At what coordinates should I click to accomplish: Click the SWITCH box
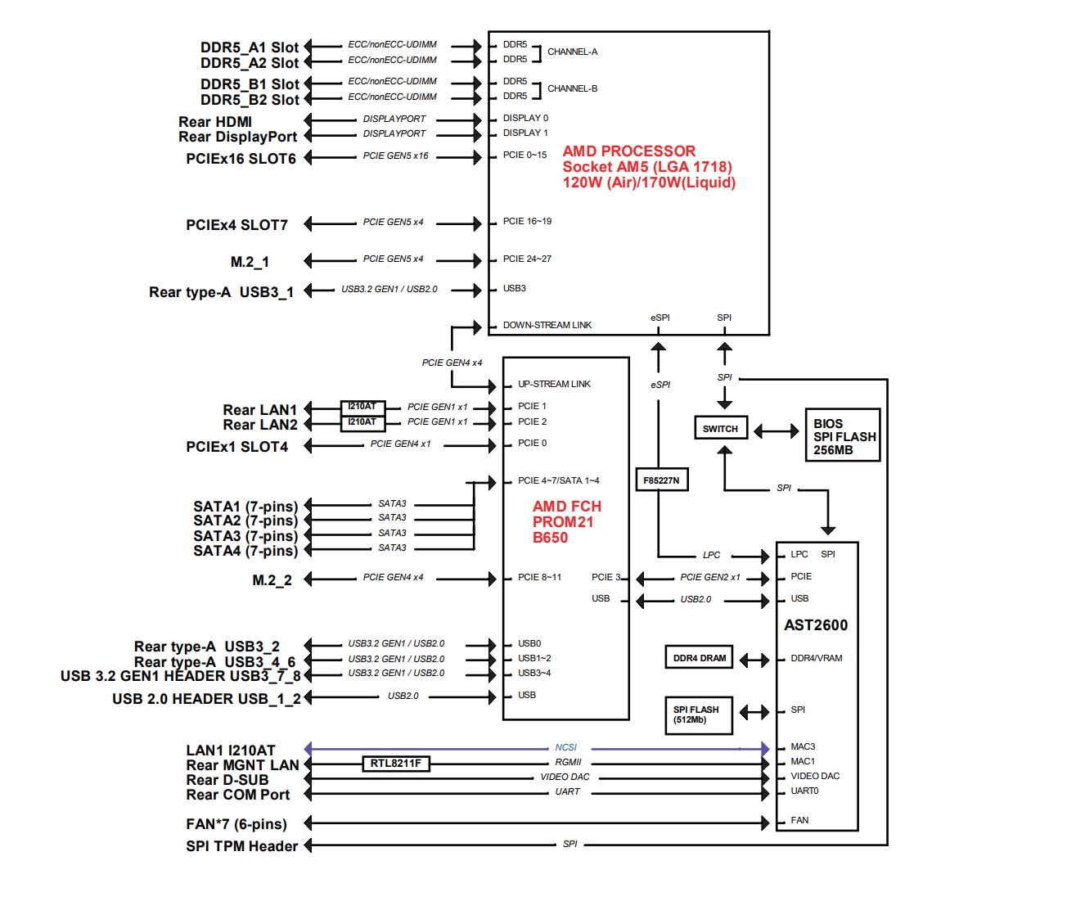point(720,428)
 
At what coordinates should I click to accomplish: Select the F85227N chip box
point(661,480)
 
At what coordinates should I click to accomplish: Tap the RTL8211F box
point(395,764)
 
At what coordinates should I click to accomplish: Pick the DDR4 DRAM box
point(699,658)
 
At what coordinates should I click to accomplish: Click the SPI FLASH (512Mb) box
point(698,714)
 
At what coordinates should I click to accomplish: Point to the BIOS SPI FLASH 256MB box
point(843,436)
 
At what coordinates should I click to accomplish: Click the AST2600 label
point(816,625)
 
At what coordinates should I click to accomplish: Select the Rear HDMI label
point(215,122)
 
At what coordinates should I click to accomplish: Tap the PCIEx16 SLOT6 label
point(241,159)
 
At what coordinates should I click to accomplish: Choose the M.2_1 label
point(250,262)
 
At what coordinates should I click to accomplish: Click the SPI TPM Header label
point(241,846)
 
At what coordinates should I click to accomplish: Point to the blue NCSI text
point(565,747)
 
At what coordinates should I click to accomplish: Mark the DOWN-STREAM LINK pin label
point(547,325)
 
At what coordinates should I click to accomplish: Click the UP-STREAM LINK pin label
point(554,384)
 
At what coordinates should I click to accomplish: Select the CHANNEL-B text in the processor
point(572,88)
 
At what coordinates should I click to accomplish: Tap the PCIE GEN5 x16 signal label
point(395,156)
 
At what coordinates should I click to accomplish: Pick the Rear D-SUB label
point(227,780)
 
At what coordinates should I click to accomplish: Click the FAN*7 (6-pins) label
point(236,824)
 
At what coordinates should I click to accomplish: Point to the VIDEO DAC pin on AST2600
point(814,776)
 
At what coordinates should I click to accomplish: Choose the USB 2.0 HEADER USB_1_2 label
point(206,699)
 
